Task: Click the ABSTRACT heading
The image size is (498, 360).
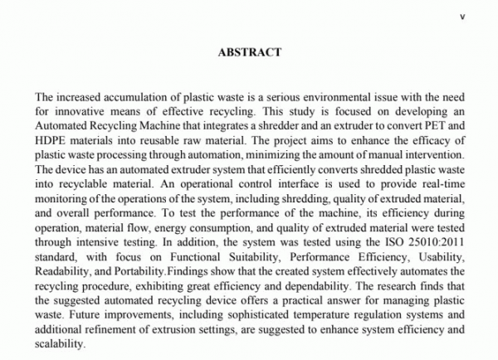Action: click(249, 51)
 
